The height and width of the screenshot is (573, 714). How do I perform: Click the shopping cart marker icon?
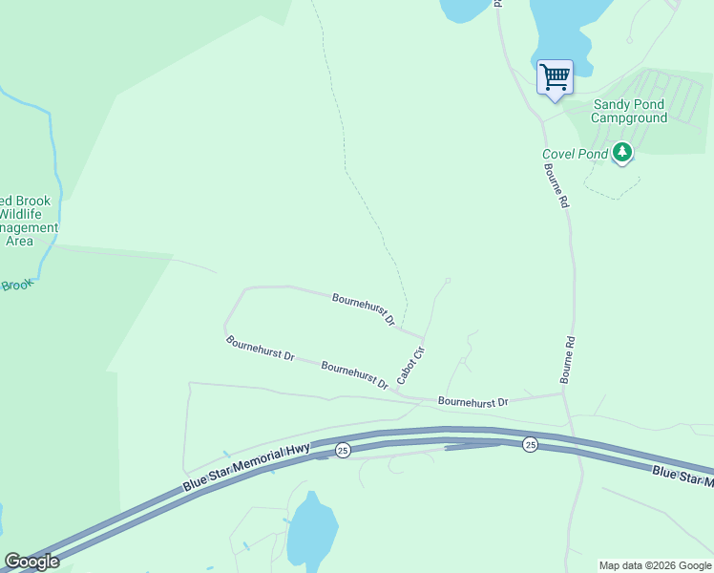(x=555, y=76)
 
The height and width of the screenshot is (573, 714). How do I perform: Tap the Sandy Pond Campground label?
(x=629, y=112)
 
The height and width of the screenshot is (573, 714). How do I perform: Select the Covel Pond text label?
(x=575, y=154)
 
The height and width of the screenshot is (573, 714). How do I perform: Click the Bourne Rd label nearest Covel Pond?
(x=556, y=184)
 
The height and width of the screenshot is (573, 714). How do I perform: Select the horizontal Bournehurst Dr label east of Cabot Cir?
(x=472, y=403)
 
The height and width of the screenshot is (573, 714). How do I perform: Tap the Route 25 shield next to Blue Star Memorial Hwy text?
(x=343, y=450)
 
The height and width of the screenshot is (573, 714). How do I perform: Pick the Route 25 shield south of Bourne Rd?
(x=529, y=444)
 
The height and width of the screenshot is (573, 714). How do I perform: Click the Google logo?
(x=31, y=562)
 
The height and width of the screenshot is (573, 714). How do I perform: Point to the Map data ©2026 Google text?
(x=655, y=565)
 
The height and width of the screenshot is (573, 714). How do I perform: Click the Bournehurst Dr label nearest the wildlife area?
(x=260, y=347)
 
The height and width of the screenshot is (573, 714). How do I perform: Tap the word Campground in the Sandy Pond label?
(x=629, y=118)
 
